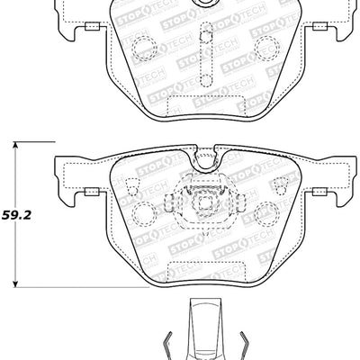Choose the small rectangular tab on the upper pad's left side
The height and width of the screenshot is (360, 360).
92,29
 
